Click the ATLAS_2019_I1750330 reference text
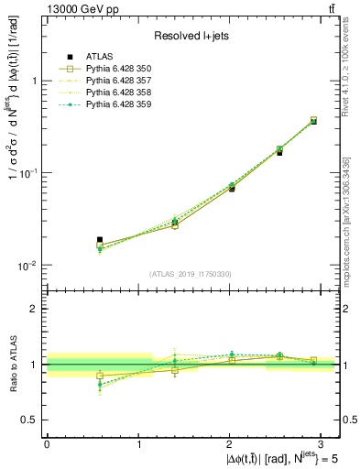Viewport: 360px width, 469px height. tap(190, 274)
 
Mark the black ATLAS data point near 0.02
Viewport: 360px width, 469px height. tap(100, 240)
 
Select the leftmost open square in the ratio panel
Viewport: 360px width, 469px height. tap(100, 376)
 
